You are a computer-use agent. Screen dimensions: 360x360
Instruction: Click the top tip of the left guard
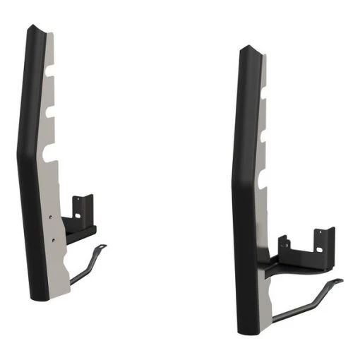[32, 28]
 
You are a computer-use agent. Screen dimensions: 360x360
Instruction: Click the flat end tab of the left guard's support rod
[102, 247]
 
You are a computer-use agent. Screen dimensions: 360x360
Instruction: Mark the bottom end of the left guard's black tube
[38, 294]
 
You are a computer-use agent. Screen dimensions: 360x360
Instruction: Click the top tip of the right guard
[244, 49]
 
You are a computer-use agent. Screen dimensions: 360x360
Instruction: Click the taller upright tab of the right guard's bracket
[325, 241]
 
